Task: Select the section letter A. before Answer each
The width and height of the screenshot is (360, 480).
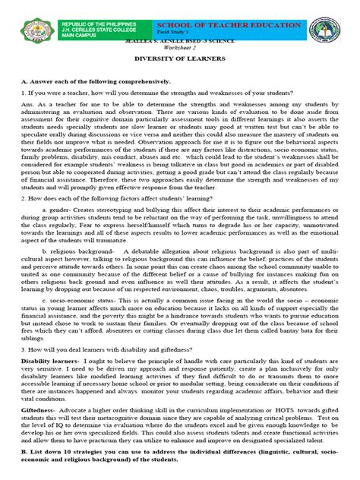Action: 24,80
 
